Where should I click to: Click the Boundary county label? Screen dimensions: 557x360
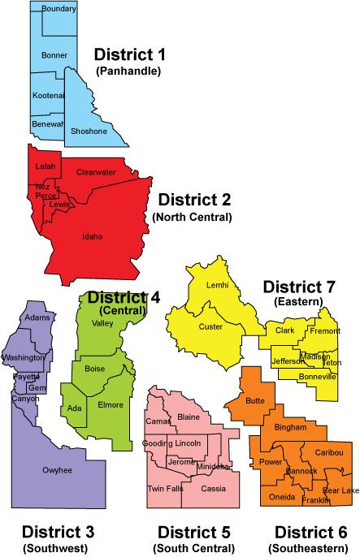click(59, 9)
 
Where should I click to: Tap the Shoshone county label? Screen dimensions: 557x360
click(89, 131)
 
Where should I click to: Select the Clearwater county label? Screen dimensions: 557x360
click(96, 172)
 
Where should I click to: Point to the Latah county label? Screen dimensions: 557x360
click(45, 166)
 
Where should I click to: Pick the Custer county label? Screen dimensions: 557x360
click(210, 326)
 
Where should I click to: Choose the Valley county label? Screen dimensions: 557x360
click(102, 323)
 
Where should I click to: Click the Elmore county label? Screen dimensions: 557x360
click(110, 404)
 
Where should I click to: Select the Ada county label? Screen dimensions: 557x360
click(75, 408)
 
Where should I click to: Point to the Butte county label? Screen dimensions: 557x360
click(255, 402)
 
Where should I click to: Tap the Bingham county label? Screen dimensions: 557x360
click(291, 426)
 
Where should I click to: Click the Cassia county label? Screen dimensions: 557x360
click(213, 488)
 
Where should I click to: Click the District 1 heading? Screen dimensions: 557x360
click(129, 55)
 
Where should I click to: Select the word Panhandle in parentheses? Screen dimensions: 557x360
click(129, 71)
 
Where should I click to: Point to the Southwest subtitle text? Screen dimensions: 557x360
click(58, 548)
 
